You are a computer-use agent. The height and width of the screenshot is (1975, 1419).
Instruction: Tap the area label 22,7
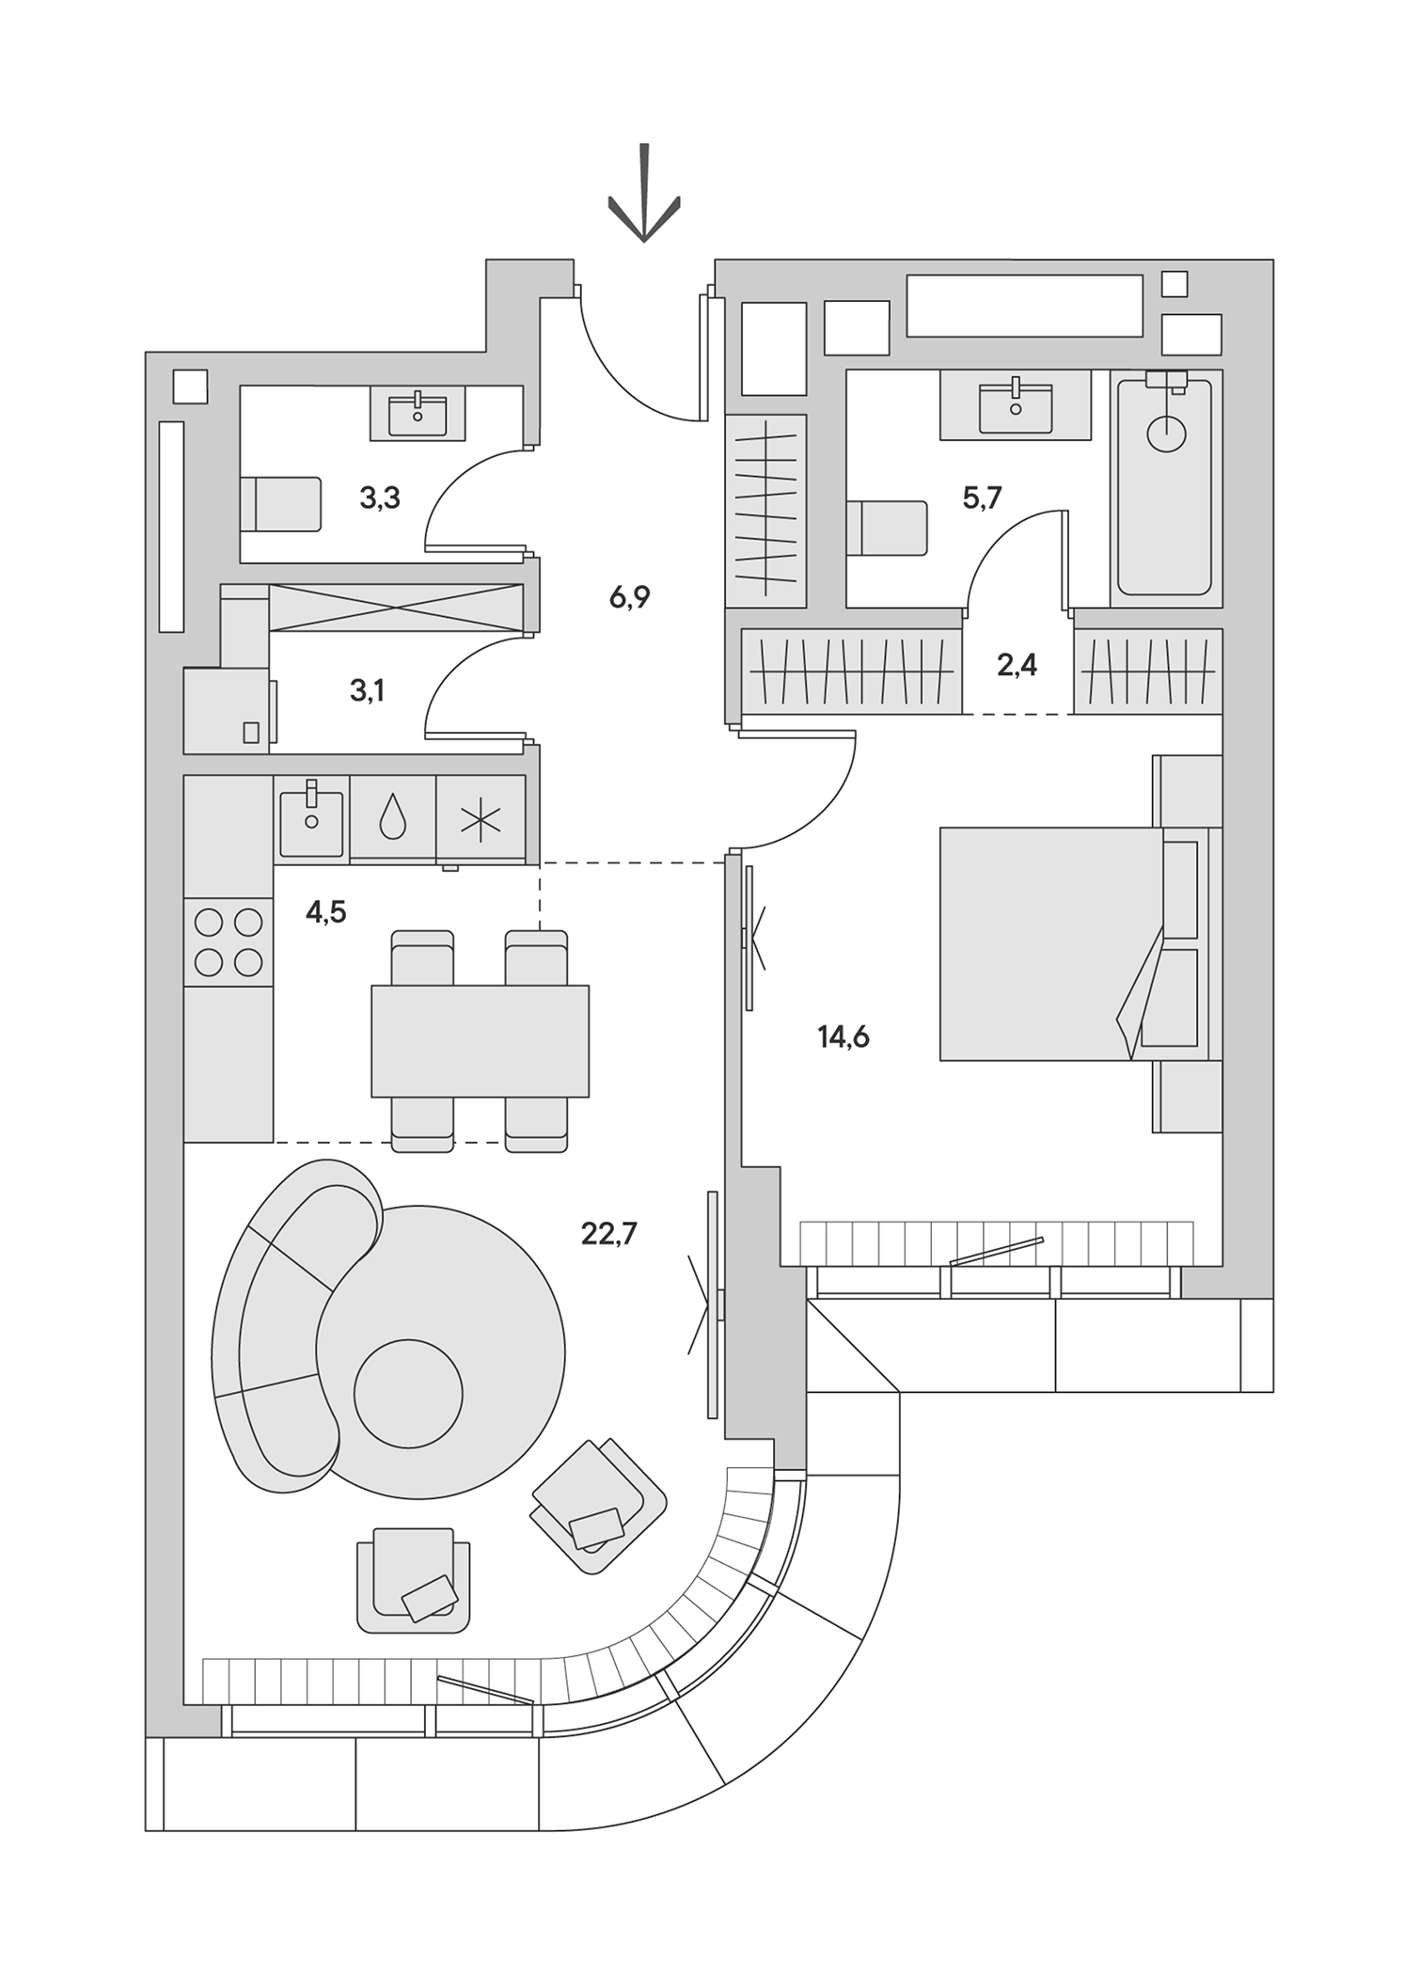[x=608, y=1233]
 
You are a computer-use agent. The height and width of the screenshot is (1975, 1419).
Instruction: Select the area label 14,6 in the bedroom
[x=843, y=1037]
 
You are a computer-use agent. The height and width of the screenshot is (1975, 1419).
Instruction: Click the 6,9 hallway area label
[x=629, y=597]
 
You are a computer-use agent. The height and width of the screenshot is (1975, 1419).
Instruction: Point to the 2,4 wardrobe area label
[x=1017, y=666]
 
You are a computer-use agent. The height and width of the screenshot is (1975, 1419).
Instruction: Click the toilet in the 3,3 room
[x=280, y=504]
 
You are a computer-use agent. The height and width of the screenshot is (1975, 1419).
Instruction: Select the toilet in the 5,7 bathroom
[x=886, y=528]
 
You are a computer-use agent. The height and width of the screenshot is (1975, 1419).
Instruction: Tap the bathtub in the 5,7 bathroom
[x=1165, y=484]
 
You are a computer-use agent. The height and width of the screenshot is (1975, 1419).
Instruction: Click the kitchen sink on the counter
[x=310, y=817]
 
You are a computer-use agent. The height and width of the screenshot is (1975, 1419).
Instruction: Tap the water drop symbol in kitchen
[x=392, y=817]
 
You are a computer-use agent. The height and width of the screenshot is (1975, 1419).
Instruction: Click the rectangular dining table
[x=480, y=1041]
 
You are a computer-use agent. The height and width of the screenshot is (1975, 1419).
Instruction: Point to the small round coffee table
[x=408, y=1395]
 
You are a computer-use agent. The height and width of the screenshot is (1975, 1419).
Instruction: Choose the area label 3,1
[x=367, y=691]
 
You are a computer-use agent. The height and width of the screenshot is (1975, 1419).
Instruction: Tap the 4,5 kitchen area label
[x=325, y=912]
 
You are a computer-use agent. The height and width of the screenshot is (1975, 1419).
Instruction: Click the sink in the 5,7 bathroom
[x=1015, y=405]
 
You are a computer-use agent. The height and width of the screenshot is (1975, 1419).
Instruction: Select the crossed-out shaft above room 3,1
[x=395, y=607]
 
